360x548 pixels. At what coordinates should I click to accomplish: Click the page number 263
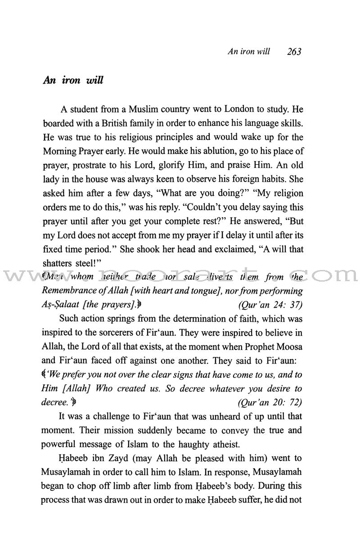[x=293, y=51]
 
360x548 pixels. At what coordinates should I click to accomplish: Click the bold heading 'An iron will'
[x=79, y=81]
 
